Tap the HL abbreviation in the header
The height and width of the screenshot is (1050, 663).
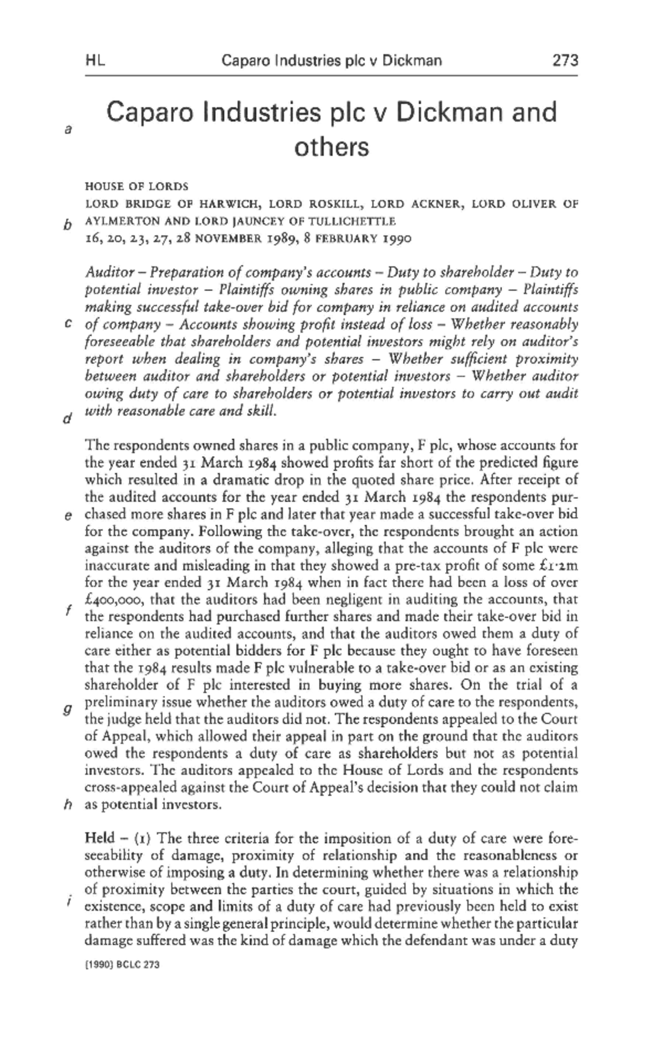[x=96, y=60]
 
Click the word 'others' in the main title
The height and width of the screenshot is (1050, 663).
[x=331, y=148]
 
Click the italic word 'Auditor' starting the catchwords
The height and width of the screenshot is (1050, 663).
[x=109, y=272]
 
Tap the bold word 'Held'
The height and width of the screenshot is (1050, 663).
[x=100, y=838]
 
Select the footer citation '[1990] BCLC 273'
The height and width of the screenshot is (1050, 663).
[x=122, y=964]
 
